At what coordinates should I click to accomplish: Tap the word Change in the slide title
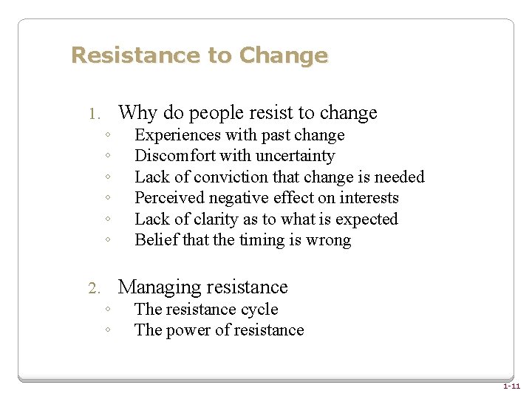click(x=284, y=55)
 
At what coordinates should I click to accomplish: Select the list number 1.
click(x=93, y=115)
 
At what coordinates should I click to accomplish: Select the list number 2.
click(x=93, y=289)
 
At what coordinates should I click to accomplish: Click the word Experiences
click(x=178, y=135)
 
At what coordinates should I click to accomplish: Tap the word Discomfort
click(x=174, y=156)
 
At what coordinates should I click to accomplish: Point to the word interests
click(x=371, y=198)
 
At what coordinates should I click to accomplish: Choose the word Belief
click(x=154, y=240)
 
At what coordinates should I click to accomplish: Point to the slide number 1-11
click(x=511, y=386)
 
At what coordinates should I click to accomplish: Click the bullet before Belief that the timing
click(x=108, y=240)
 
